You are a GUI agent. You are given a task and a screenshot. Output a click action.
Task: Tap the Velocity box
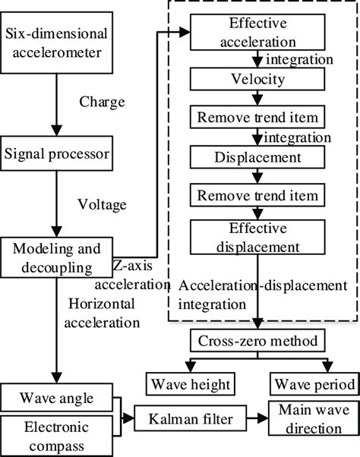coord(261,79)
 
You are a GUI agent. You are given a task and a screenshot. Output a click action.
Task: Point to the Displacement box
coord(261,157)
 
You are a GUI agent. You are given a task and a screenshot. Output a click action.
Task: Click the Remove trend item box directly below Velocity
coord(261,118)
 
